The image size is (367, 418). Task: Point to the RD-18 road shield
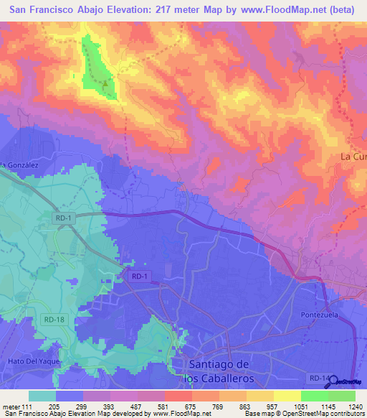coord(51,319)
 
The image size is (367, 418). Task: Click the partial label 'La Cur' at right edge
coord(353,157)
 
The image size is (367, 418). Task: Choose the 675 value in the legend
coord(191,406)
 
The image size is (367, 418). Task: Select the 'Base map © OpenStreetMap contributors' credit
coord(306,414)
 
